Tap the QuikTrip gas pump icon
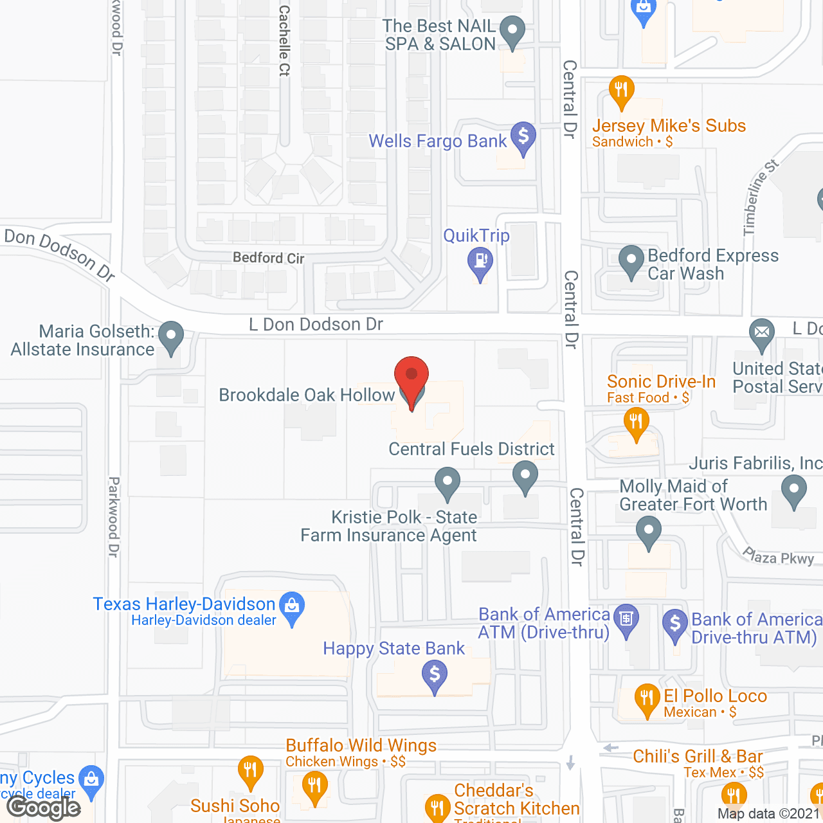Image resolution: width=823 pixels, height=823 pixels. (480, 262)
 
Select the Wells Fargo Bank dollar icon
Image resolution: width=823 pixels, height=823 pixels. (523, 137)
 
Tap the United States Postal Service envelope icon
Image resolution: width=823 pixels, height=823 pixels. (762, 334)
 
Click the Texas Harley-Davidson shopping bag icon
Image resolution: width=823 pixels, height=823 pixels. (292, 607)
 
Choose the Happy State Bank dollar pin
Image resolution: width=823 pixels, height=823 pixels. (435, 676)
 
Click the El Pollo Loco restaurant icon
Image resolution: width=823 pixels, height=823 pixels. (647, 699)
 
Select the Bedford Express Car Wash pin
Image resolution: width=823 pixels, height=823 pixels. (631, 261)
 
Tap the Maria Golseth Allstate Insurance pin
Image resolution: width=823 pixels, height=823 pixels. (170, 336)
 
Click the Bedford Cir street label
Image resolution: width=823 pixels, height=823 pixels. (268, 258)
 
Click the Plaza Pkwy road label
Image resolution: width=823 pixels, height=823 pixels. (779, 556)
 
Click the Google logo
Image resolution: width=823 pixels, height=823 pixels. (44, 808)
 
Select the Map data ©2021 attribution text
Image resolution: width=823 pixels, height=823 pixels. (769, 814)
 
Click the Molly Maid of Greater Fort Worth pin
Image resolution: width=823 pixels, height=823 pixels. (648, 533)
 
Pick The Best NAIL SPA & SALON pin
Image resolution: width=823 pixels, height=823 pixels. (512, 31)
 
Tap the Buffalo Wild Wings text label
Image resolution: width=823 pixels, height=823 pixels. (361, 745)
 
